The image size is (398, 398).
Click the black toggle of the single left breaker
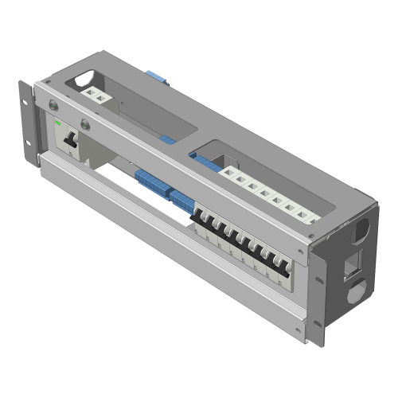tap(69, 140)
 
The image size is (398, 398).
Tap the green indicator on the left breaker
tap(59, 123)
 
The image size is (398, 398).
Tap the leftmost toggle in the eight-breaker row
tap(205, 225)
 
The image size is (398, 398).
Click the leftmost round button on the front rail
tap(54, 105)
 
